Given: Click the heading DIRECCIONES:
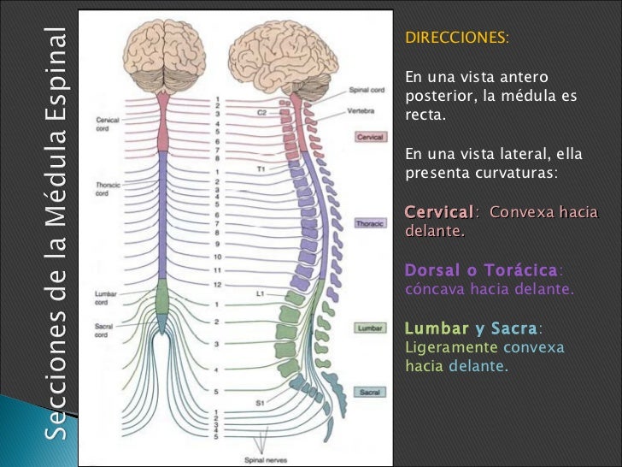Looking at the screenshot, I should pos(456,39).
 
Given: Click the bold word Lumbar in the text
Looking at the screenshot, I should pos(436,329).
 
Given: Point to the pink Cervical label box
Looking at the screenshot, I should pos(370,137).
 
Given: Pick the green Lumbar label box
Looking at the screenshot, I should pos(369,328).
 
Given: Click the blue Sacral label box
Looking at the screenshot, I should pos(369,393).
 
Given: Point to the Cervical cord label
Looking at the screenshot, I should pos(109,124).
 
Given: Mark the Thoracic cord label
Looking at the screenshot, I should pos(109,188).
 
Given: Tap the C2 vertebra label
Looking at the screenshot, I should pos(262,112).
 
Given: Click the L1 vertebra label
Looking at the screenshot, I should pos(261,293).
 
